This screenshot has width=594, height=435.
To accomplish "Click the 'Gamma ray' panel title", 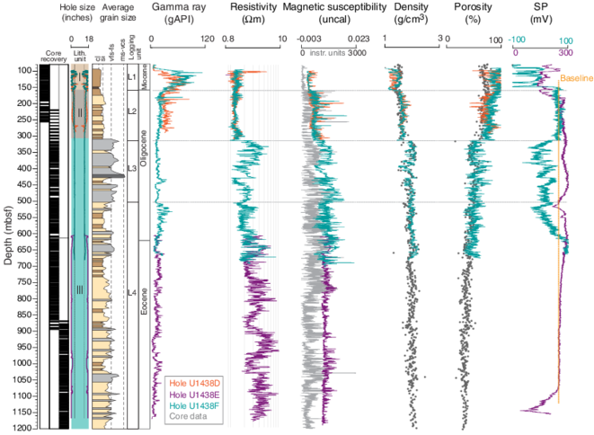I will [x=179, y=7].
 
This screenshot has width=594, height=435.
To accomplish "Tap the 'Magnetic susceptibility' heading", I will [x=332, y=7].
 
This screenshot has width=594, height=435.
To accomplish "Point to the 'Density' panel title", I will [x=412, y=7].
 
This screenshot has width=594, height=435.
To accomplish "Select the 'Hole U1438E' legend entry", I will [x=190, y=395].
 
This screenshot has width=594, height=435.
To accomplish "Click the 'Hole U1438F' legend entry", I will [x=190, y=406].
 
